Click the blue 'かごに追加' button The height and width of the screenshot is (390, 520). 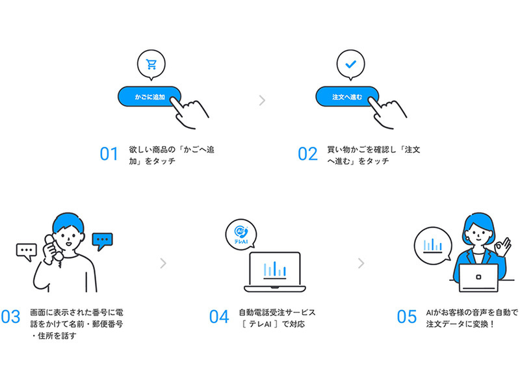pos(148,96)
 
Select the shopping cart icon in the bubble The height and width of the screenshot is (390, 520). pos(151,64)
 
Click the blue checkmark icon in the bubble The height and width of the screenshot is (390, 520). pos(350,64)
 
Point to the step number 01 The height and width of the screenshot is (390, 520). pos(109,155)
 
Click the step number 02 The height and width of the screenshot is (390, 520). pos(307,155)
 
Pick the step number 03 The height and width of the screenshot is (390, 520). pos(10,317)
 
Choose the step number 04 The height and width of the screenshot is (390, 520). pos(219,317)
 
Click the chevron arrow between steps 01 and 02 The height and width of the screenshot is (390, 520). pos(261,100)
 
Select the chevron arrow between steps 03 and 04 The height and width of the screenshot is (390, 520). pos(163,263)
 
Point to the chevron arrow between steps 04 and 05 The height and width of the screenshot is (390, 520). pos(361,263)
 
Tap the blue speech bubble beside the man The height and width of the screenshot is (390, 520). pos(102,241)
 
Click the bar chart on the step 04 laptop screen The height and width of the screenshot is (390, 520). pos(275,267)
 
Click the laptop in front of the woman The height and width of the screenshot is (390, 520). pos(478,278)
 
